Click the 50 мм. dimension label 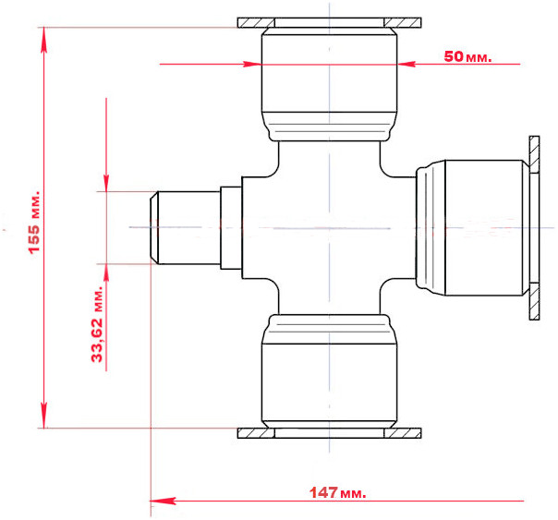(x=467, y=56)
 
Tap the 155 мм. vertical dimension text (x=34, y=223)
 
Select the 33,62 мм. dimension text (x=97, y=323)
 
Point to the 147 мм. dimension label (x=337, y=492)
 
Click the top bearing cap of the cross (x=329, y=85)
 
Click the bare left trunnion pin (x=185, y=227)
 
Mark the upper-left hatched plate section (x=256, y=23)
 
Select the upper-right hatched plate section (x=403, y=23)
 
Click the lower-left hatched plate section (x=256, y=433)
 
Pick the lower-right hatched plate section (x=403, y=433)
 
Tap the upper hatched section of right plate (x=534, y=155)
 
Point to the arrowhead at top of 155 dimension (x=44, y=40)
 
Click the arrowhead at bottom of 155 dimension (x=44, y=416)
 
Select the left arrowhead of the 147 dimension (x=163, y=501)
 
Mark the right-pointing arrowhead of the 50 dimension (x=252, y=64)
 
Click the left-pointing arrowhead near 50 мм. (x=406, y=64)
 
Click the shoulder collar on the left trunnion (x=231, y=227)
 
